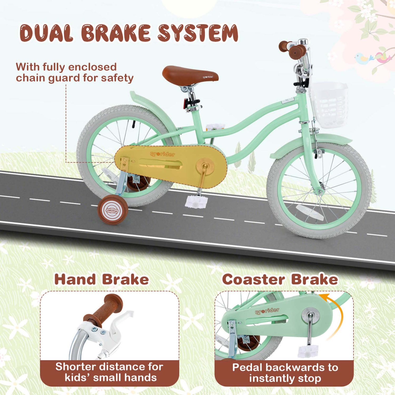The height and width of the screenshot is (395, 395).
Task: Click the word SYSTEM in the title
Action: [198, 33]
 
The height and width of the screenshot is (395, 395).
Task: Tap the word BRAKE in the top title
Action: [116, 33]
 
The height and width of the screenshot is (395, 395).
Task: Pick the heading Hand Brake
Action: [101, 279]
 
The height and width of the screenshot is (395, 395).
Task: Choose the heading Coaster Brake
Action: [280, 279]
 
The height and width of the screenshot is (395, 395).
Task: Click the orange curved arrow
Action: [338, 313]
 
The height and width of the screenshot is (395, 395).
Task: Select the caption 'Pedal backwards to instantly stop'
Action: [285, 373]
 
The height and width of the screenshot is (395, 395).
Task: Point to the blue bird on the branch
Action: [363, 58]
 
